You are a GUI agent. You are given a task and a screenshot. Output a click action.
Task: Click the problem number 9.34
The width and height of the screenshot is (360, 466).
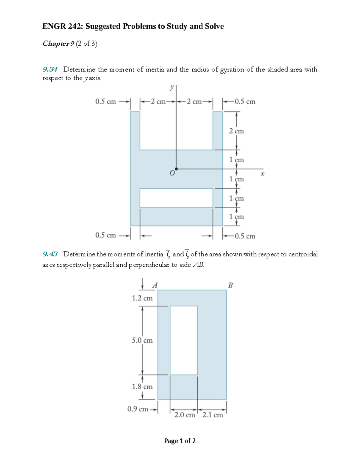point(50,70)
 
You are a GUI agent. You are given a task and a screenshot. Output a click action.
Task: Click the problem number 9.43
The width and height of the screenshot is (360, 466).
point(50,254)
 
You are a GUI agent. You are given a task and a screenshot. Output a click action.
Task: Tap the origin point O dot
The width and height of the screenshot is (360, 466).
point(176,169)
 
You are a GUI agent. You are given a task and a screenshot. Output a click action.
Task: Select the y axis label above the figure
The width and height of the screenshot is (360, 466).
point(172,87)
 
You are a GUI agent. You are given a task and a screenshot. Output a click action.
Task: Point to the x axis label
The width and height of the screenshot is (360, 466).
point(262,174)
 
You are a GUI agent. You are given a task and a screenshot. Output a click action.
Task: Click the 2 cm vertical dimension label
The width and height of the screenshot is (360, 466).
point(236,131)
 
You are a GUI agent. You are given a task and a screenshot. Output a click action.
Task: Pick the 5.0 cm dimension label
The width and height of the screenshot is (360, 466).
point(142,340)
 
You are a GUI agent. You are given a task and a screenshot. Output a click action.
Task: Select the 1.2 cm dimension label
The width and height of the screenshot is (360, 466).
point(142,298)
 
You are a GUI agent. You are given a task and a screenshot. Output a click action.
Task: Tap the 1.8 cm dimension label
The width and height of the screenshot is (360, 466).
point(142,386)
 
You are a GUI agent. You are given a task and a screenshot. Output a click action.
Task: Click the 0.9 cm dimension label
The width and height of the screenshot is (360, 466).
point(138,409)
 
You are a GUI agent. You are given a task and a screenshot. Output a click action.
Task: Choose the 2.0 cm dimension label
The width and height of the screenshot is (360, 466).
point(184,415)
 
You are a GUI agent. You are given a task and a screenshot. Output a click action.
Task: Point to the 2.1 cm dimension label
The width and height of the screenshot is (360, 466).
point(212,415)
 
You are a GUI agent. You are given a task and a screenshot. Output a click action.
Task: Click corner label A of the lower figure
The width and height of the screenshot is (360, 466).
point(155,285)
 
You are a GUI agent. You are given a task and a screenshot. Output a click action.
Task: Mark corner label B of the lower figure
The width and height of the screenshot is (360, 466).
point(230,285)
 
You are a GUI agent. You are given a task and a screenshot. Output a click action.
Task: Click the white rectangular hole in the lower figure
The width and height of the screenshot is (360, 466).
point(184,340)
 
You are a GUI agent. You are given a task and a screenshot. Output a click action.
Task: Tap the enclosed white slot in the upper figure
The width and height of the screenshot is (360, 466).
point(176,198)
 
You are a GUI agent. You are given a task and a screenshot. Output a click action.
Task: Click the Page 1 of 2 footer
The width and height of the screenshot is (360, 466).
point(180,441)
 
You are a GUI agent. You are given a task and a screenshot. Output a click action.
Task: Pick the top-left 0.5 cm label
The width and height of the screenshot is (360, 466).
point(105,102)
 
